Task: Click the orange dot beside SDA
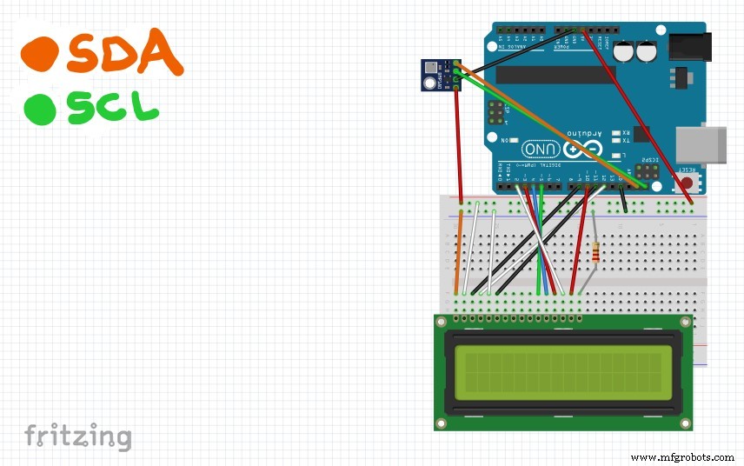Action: pos(40,55)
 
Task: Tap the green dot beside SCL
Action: pos(40,110)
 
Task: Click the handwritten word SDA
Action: pos(125,54)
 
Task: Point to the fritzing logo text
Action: pos(77,436)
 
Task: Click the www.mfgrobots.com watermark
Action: pos(682,457)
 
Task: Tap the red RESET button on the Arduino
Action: pos(688,183)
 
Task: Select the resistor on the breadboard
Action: pos(595,253)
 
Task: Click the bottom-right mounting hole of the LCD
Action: pos(686,423)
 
